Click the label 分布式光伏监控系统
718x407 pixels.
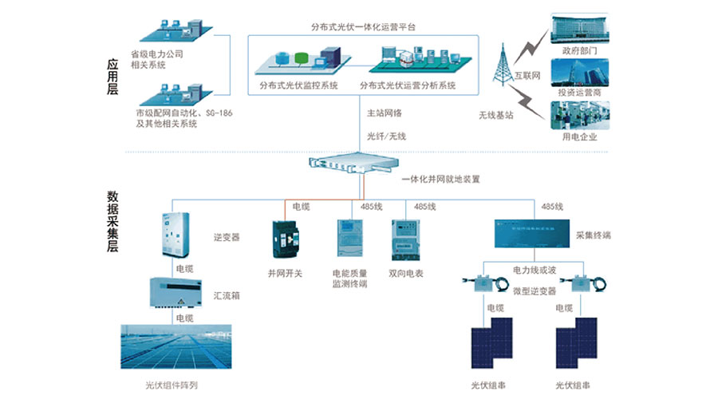(298, 85)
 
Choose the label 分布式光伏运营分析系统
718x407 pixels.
(408, 85)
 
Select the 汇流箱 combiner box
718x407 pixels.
(174, 293)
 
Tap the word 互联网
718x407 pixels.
(527, 77)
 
